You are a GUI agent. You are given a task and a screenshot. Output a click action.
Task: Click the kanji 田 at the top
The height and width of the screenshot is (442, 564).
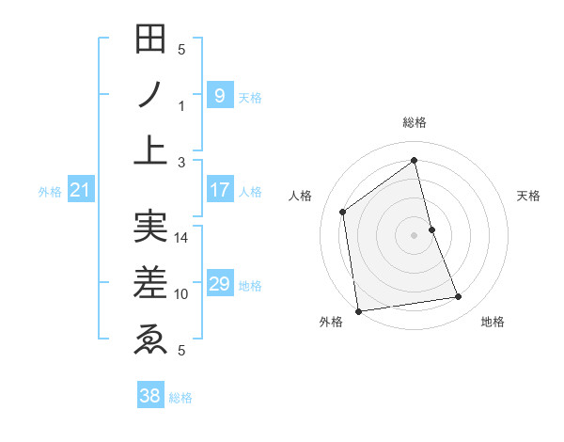tap(150, 40)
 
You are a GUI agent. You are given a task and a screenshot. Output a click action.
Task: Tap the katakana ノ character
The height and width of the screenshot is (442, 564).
tap(150, 95)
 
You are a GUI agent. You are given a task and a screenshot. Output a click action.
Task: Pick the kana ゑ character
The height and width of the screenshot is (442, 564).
tap(150, 338)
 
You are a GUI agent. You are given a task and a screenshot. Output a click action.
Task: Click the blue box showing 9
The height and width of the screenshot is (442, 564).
tap(219, 95)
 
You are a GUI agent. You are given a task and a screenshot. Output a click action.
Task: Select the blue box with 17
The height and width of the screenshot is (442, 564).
tap(219, 190)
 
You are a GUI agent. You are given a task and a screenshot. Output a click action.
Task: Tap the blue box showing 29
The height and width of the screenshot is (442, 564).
tap(219, 284)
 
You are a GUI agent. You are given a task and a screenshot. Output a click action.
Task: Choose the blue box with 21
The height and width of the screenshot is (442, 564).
tap(80, 191)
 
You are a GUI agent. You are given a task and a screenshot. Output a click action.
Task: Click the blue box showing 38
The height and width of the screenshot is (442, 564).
tap(149, 396)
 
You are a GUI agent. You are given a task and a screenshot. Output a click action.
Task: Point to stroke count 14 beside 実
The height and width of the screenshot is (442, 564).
tap(182, 238)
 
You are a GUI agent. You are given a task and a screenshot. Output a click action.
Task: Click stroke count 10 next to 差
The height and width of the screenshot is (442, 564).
tap(182, 293)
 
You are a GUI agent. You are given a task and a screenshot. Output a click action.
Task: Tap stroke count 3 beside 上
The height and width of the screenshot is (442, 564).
tap(181, 162)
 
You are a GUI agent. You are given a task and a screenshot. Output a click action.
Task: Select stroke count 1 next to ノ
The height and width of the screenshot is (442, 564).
tap(181, 105)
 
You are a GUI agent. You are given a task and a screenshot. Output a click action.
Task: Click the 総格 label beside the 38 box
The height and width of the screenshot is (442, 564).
tap(180, 398)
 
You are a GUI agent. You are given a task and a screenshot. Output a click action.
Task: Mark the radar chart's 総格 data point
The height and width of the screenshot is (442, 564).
tap(414, 159)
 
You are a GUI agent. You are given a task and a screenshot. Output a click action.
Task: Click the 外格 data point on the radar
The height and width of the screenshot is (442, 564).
tap(358, 310)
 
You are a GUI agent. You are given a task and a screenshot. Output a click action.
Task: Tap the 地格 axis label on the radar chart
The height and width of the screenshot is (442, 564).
tap(493, 323)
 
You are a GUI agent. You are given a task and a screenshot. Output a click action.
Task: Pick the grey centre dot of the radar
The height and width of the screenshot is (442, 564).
tap(414, 234)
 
